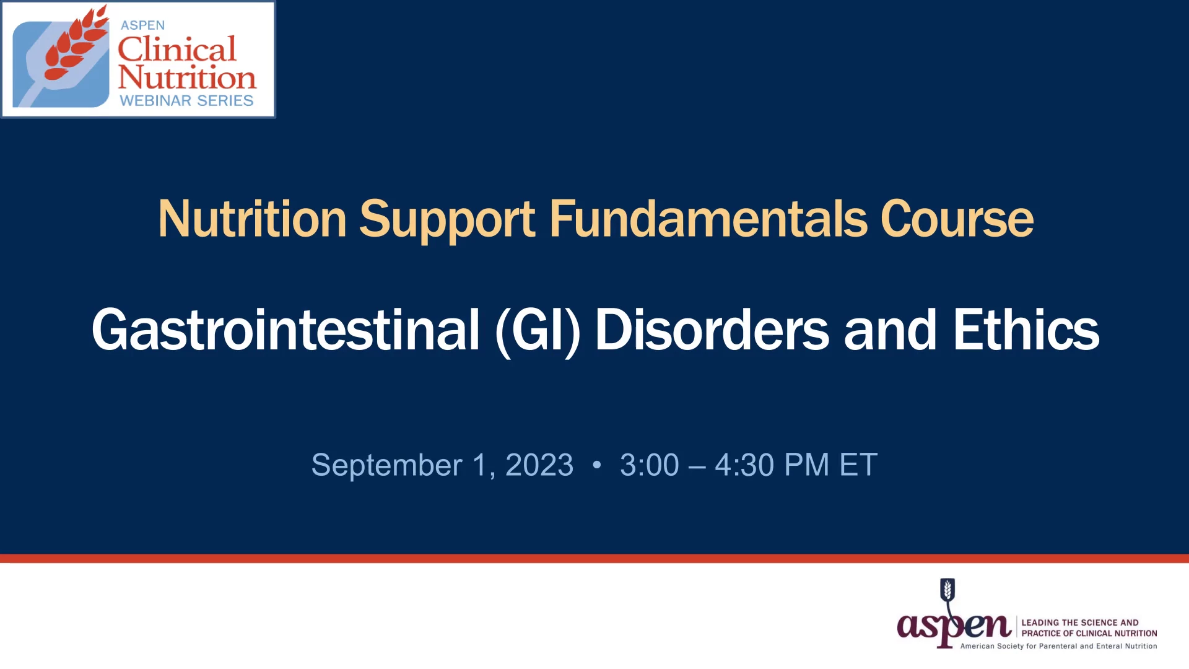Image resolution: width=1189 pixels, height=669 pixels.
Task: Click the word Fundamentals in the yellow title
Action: click(x=708, y=219)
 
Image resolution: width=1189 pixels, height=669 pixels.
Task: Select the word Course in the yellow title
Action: click(x=957, y=219)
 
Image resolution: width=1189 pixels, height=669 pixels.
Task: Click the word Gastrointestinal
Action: click(x=285, y=330)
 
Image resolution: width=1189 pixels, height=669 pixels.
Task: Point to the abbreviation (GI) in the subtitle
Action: click(x=538, y=331)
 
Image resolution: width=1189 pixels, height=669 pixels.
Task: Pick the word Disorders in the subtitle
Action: click(x=712, y=330)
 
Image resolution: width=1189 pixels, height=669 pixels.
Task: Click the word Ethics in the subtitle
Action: click(x=1026, y=330)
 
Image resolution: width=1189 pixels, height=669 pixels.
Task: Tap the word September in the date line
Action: click(x=386, y=466)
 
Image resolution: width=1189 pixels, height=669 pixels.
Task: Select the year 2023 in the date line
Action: click(x=539, y=465)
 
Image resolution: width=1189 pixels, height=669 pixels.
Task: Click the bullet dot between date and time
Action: click(x=597, y=465)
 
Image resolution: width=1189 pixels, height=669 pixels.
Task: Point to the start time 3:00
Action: click(x=649, y=465)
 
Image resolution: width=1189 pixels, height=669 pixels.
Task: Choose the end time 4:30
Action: click(x=744, y=465)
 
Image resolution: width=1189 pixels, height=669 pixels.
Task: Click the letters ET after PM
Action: click(x=858, y=465)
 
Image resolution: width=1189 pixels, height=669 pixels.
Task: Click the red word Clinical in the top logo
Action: click(x=177, y=49)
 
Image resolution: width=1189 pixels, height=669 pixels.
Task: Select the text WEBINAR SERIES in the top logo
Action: click(x=186, y=100)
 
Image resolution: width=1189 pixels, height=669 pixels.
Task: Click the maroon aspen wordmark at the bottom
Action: click(x=954, y=627)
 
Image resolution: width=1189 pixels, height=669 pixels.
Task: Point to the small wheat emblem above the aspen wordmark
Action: click(x=947, y=590)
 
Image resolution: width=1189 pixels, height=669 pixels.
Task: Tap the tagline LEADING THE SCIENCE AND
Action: click(x=1080, y=623)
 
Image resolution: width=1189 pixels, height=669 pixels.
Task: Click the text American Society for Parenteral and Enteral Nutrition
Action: click(x=1058, y=646)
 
